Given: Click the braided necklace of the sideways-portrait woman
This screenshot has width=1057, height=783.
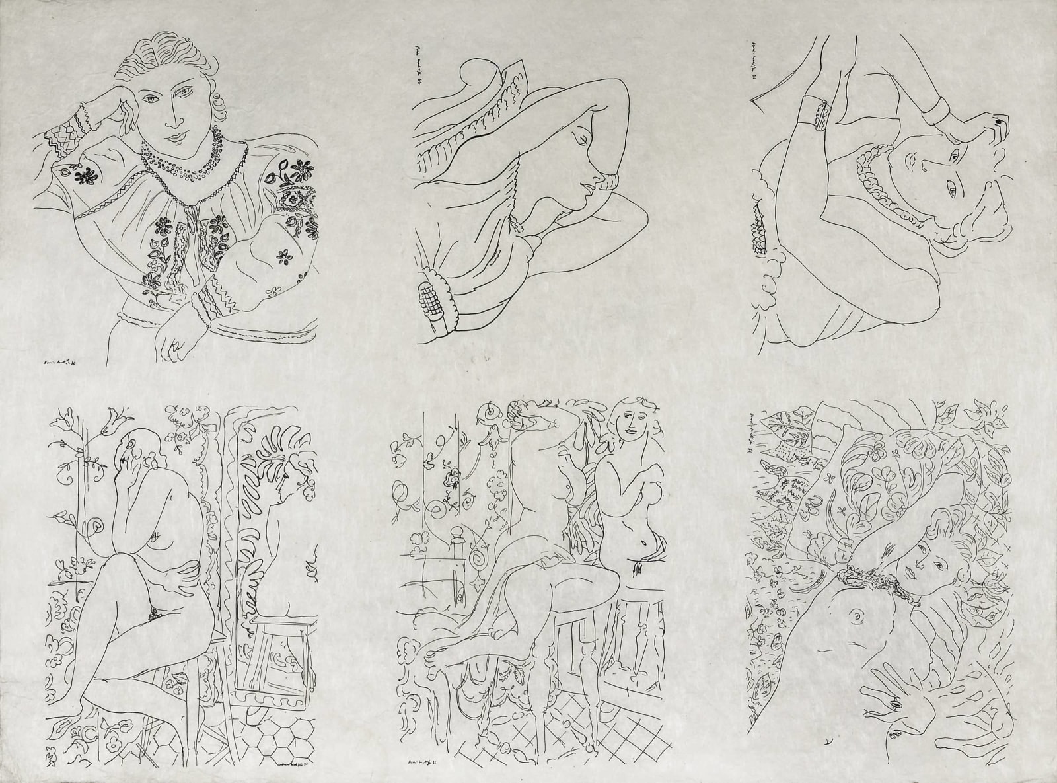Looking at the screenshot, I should pos(879,186).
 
